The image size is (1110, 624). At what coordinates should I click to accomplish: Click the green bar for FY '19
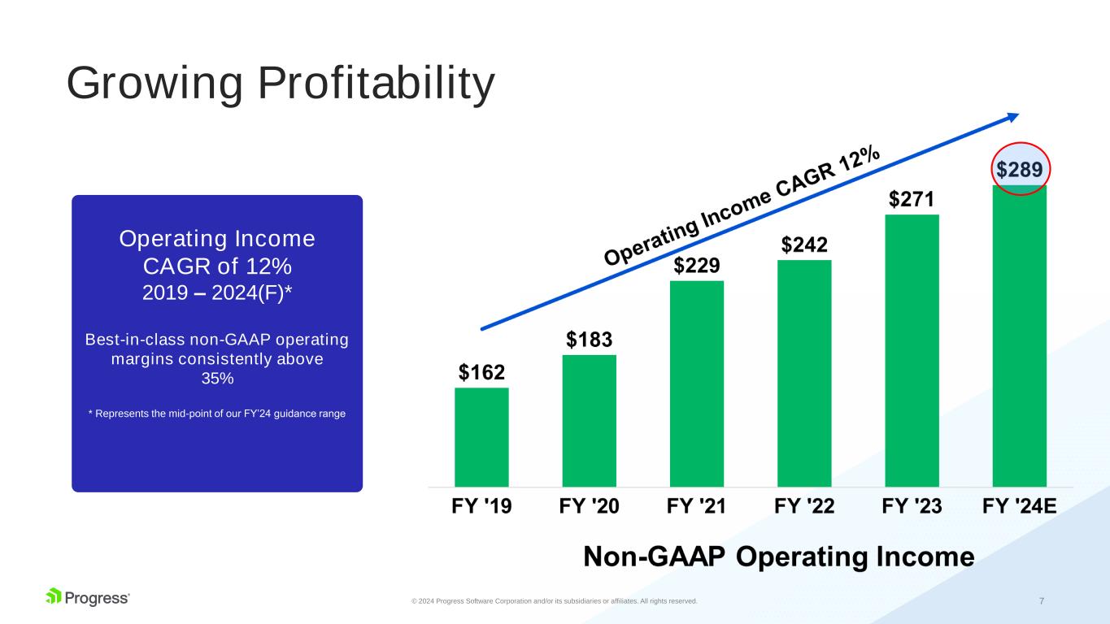(481, 437)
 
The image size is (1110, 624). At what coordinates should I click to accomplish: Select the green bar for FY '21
(697, 383)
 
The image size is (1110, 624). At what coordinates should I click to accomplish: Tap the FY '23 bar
(912, 351)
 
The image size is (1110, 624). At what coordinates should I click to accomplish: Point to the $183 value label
(590, 340)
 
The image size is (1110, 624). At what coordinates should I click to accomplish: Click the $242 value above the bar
(804, 245)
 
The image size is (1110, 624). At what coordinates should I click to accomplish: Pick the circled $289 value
(1020, 169)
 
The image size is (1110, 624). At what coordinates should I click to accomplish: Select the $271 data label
(912, 199)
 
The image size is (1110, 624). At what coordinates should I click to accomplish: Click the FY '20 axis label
(590, 506)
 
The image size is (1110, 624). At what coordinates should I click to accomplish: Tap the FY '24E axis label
(1019, 506)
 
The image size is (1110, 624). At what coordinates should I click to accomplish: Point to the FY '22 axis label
(804, 506)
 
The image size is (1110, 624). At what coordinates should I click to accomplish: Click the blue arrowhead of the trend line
(1013, 117)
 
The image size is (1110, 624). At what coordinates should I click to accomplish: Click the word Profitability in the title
(377, 83)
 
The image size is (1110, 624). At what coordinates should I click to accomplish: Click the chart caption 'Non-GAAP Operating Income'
(779, 556)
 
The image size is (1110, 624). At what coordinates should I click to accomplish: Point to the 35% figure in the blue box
(218, 379)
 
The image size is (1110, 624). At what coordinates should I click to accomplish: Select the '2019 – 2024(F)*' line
(217, 292)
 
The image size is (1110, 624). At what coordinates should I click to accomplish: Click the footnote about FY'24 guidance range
(217, 414)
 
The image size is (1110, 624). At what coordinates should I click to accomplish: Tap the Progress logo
(87, 597)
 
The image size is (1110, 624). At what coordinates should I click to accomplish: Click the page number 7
(1042, 601)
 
